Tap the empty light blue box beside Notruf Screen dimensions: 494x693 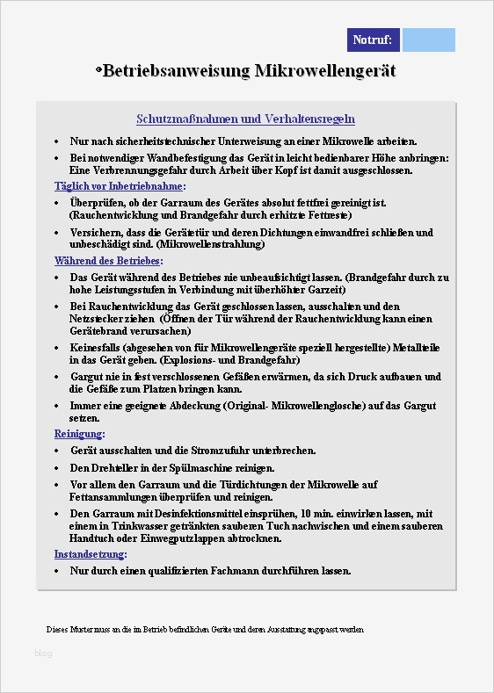[428, 40]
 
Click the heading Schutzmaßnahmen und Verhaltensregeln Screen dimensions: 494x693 [245, 119]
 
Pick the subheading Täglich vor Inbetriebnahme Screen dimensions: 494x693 [120, 186]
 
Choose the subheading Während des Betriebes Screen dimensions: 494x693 [108, 261]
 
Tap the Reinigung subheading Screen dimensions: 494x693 [80, 434]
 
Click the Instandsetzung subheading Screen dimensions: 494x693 [91, 554]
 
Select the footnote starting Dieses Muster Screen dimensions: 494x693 [204, 630]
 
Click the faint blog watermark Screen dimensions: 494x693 [43, 653]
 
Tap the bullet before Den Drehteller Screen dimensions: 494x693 [57, 468]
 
